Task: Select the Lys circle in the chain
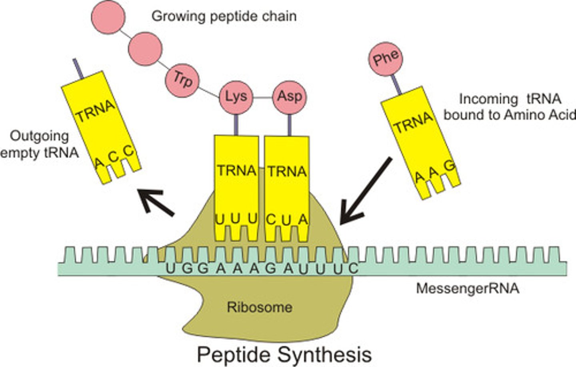click(236, 97)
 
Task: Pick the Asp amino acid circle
click(289, 97)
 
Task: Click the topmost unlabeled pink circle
click(108, 16)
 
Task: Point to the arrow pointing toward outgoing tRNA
click(156, 203)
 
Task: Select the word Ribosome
click(260, 307)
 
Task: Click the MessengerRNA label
click(468, 288)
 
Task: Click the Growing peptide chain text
click(224, 16)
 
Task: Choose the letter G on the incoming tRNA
click(450, 166)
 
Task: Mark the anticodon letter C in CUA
click(271, 219)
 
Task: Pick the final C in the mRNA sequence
click(352, 268)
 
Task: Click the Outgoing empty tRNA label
click(39, 144)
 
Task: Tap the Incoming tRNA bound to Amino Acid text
click(510, 107)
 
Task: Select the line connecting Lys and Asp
click(262, 97)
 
